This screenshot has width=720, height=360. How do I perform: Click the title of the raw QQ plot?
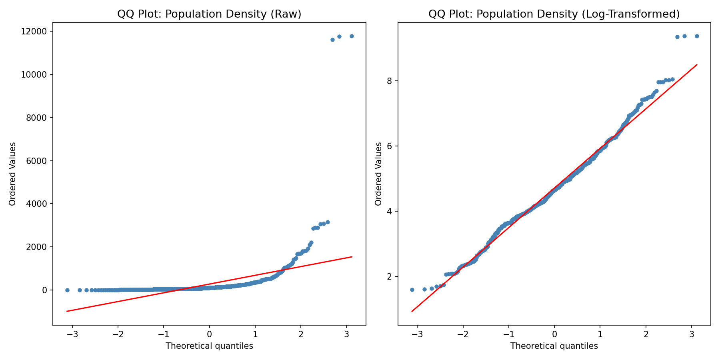coord(209,14)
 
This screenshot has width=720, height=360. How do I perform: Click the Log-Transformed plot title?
coord(554,14)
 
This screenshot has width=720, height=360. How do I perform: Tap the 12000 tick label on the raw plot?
coord(36,32)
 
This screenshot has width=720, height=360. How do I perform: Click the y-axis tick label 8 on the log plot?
coord(389,81)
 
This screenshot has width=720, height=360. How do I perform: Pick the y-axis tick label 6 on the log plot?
coord(389,146)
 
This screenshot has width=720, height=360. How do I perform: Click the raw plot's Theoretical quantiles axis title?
coord(209,346)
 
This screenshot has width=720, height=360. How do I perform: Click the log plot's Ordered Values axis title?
coord(378,174)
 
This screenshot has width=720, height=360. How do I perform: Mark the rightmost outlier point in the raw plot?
coord(352,36)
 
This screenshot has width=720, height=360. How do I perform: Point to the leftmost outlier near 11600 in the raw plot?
coord(332,40)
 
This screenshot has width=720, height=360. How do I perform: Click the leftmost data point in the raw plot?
coord(67,290)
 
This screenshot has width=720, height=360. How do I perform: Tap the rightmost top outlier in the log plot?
coord(697,36)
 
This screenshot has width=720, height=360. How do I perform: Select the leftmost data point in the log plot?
coord(412,290)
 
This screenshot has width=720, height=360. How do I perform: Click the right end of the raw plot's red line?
coord(352,257)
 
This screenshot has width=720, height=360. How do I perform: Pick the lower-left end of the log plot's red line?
coord(412,311)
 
